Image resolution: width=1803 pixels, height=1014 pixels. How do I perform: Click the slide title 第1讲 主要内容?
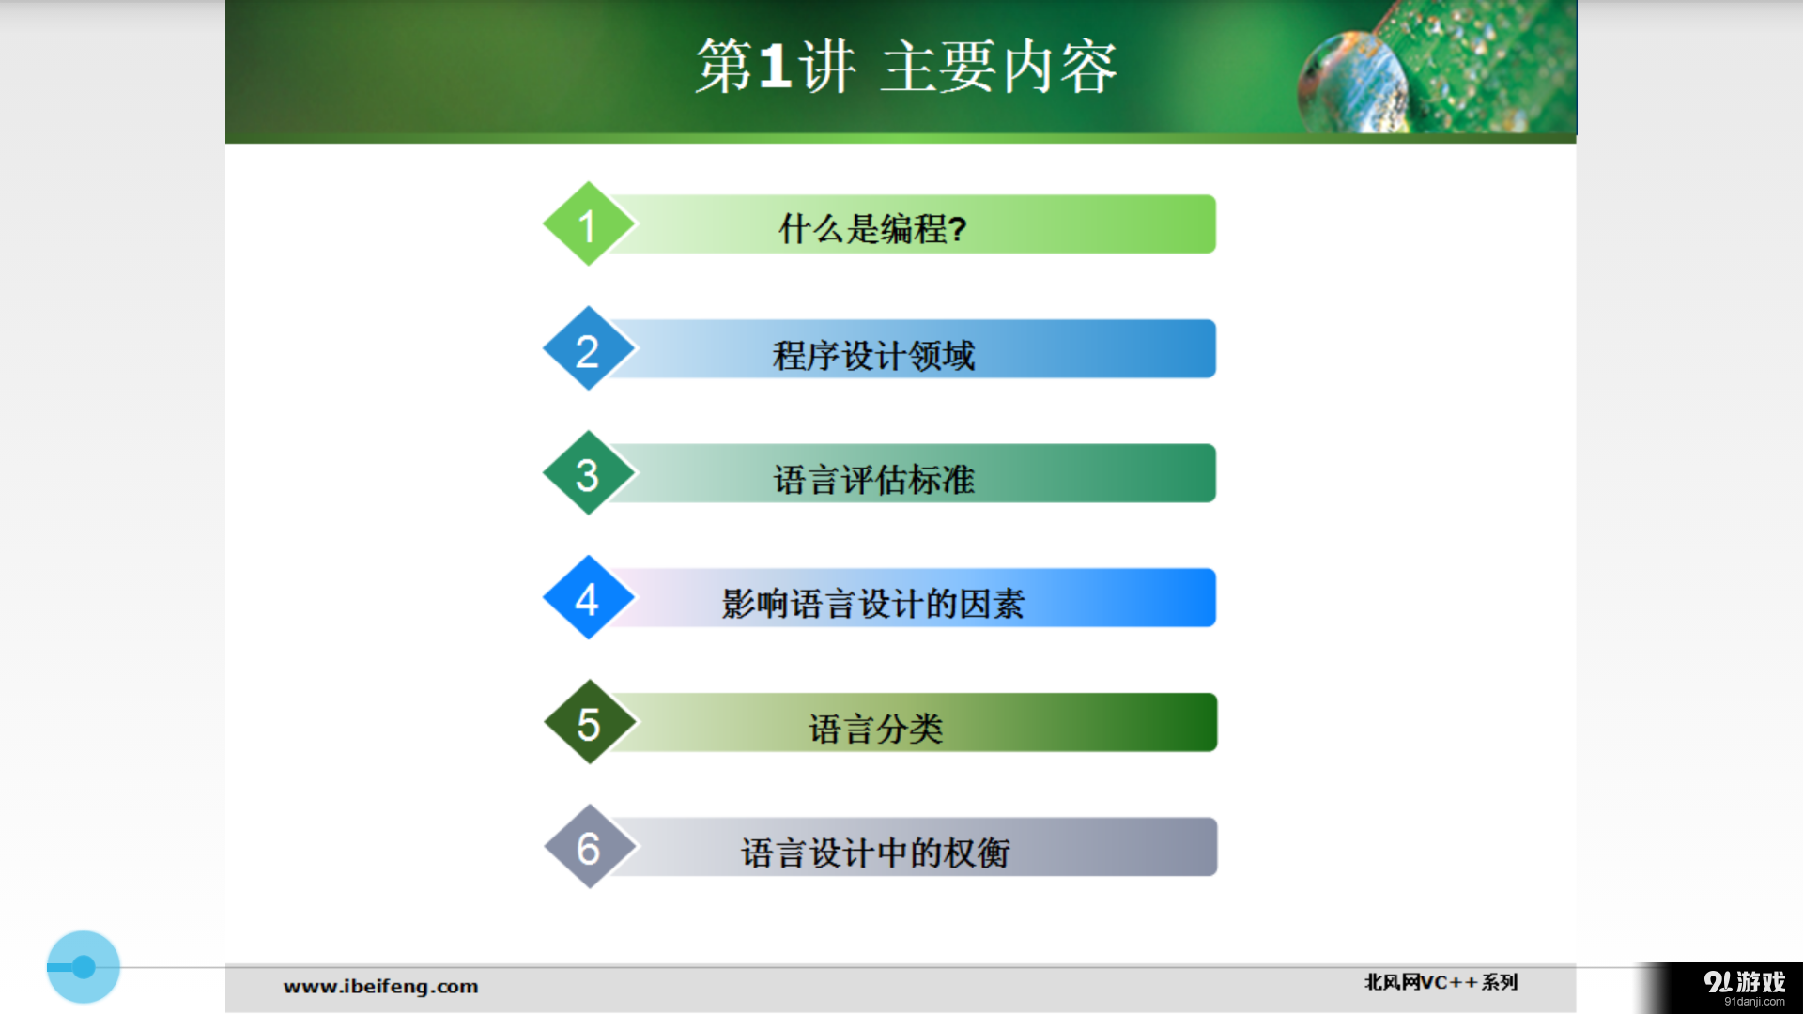click(x=905, y=68)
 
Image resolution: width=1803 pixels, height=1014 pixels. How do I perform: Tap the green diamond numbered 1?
click(x=588, y=224)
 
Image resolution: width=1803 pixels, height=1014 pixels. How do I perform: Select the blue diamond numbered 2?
click(x=588, y=349)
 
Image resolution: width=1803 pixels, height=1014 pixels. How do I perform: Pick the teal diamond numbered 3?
click(x=588, y=474)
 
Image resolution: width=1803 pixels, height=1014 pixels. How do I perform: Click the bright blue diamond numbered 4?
click(x=588, y=598)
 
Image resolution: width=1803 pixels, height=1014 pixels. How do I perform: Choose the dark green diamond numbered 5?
click(x=589, y=723)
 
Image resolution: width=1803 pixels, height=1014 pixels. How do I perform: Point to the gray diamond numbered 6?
click(x=589, y=848)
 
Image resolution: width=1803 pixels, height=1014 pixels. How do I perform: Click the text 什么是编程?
click(x=872, y=228)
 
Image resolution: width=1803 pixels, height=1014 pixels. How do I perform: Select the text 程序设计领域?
click(x=873, y=355)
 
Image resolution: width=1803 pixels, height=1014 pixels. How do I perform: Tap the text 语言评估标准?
click(x=873, y=480)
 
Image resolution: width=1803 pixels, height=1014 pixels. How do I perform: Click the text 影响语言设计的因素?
click(x=872, y=604)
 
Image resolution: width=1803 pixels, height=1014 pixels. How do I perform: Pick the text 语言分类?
click(x=875, y=729)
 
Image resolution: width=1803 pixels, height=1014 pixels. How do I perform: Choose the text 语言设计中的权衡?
click(x=874, y=853)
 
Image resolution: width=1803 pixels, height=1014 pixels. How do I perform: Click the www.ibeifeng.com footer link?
click(x=380, y=986)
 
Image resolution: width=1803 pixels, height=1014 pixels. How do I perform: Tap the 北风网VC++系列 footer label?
click(x=1441, y=982)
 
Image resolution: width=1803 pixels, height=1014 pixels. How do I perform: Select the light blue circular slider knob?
click(x=84, y=967)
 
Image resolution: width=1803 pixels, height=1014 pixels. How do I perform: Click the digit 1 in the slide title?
click(x=775, y=68)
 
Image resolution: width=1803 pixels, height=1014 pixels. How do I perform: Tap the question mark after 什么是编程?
click(x=957, y=229)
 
